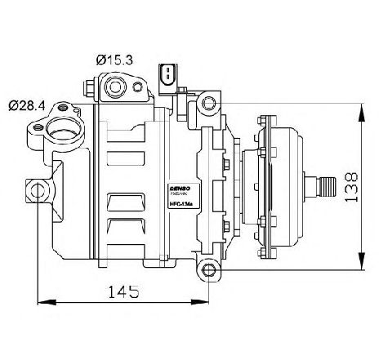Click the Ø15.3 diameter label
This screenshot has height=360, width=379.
click(114, 59)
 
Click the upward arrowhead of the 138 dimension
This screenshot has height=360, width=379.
click(360, 109)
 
